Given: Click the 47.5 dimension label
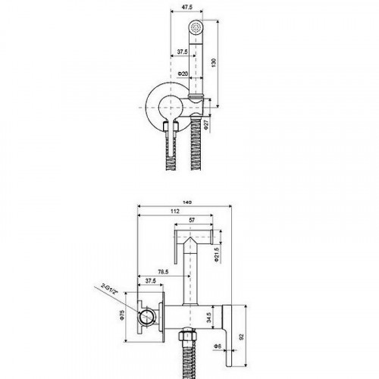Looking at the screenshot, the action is click(187, 7).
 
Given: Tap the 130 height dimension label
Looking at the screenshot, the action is click(214, 63).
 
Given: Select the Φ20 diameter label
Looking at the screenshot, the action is click(183, 74).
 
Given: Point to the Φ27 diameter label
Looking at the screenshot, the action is click(206, 125).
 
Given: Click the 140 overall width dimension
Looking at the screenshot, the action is click(186, 202).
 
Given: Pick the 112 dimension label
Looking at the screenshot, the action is click(175, 211).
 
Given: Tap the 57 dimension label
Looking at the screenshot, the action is click(192, 220).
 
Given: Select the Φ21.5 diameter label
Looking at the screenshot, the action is click(217, 254).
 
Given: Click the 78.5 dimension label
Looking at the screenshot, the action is click(163, 272).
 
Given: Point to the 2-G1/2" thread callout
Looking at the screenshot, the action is click(109, 289).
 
